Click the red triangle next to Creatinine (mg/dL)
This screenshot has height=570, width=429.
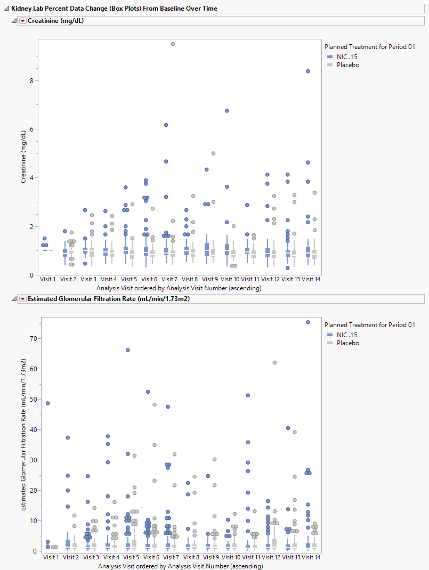(23, 21)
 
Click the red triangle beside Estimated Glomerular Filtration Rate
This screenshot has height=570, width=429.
(23, 299)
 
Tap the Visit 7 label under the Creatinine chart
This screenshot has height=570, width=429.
(169, 279)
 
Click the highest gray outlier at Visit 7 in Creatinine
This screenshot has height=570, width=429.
(173, 44)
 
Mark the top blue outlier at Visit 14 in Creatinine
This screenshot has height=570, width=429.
(308, 71)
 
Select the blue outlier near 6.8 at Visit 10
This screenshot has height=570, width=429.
(227, 111)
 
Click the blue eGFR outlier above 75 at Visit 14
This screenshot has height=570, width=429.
(308, 322)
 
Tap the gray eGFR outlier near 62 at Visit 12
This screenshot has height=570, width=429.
(274, 363)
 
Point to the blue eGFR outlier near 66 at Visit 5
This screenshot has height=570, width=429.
(128, 350)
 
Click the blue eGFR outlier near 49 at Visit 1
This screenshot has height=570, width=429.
(47, 403)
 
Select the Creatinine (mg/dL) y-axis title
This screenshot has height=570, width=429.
(23, 159)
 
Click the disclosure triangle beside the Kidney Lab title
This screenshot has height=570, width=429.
(6, 9)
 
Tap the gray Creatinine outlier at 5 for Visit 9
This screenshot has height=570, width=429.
(213, 153)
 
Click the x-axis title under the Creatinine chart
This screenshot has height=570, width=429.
(179, 288)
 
